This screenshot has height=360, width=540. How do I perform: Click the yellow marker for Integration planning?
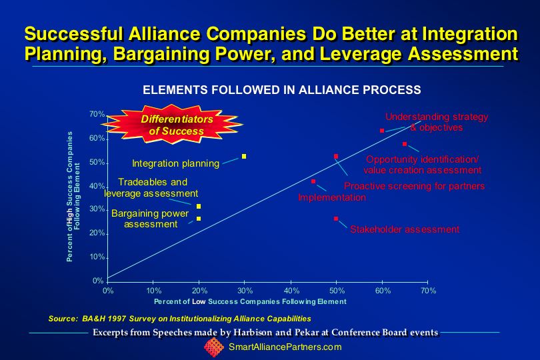[244, 157]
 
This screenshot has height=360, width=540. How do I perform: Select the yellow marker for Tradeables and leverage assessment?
[199, 207]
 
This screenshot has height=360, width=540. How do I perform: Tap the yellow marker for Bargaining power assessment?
[199, 219]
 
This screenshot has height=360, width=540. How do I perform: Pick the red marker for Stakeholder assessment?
[336, 219]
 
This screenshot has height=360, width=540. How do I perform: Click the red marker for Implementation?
[313, 181]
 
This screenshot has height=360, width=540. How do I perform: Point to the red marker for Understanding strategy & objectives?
[381, 131]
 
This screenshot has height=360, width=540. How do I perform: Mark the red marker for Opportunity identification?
[405, 144]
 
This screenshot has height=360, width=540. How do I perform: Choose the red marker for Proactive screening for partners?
[336, 157]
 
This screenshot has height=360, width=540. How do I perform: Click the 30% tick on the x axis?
[245, 283]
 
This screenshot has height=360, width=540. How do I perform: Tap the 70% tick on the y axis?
[107, 116]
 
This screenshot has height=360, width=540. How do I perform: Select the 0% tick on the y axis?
[107, 281]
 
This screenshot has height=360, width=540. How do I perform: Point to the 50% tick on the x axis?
[336, 283]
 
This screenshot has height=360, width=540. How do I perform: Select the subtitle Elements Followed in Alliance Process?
[282, 90]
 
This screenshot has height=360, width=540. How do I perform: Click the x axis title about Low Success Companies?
[250, 302]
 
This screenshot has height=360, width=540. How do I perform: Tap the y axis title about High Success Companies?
[73, 197]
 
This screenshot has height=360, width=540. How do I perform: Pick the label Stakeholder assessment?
[405, 229]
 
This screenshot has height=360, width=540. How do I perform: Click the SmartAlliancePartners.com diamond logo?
[214, 347]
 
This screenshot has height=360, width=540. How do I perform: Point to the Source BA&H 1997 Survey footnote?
[179, 319]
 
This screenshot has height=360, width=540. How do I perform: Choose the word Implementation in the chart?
[332, 198]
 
